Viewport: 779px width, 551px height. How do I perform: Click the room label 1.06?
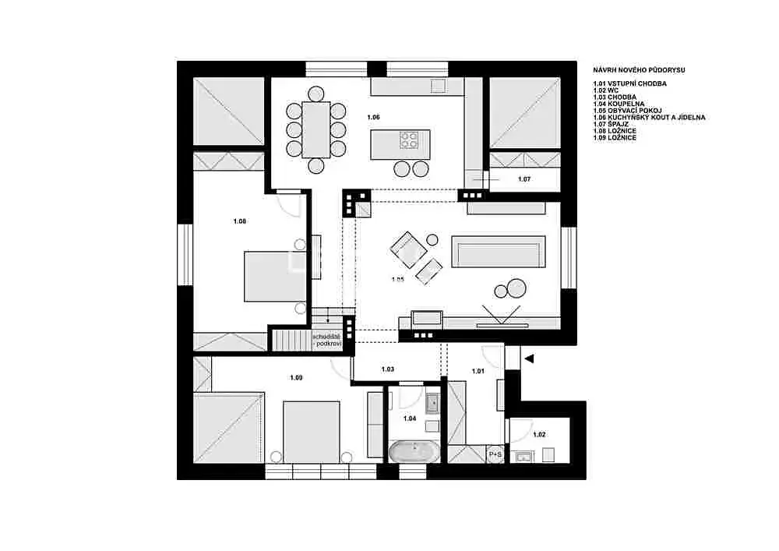tap(373, 117)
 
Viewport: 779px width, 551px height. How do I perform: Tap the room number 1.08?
tap(239, 221)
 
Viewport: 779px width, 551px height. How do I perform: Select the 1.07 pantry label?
tap(524, 179)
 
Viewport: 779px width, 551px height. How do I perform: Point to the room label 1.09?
tap(296, 378)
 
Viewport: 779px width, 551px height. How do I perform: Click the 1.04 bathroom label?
tap(410, 419)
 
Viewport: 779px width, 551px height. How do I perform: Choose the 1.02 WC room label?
tap(539, 434)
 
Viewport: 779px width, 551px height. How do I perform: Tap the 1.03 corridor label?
tap(387, 369)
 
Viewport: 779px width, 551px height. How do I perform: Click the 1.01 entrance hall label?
tap(478, 371)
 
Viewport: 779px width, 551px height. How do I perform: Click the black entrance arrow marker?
tap(529, 359)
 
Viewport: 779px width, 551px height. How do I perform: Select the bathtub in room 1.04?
tap(414, 452)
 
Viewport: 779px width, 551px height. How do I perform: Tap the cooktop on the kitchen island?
tap(409, 140)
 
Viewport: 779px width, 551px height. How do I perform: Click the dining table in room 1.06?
tap(316, 130)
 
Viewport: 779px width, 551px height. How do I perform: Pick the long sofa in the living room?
tap(499, 252)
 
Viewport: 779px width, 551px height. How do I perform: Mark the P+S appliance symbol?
tap(495, 454)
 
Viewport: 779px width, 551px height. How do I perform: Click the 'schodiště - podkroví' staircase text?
tap(327, 340)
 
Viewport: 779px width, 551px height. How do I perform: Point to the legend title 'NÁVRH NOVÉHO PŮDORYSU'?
tap(639, 70)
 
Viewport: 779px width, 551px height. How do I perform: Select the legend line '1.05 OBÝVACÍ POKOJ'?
tap(627, 111)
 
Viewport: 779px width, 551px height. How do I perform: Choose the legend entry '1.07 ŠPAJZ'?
tap(611, 124)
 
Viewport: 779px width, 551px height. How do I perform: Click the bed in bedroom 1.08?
tap(275, 276)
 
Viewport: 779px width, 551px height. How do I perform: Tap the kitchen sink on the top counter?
tap(439, 86)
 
